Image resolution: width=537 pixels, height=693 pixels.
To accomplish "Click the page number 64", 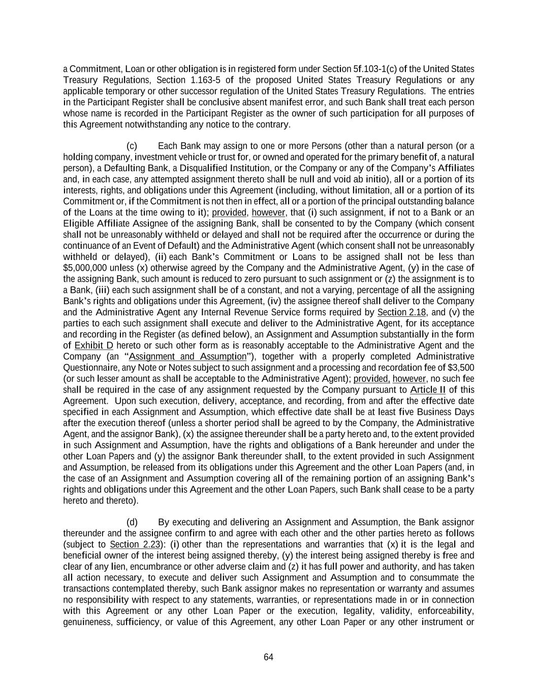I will tap(268, 657).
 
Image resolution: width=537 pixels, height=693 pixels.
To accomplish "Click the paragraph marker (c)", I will tap(132, 146).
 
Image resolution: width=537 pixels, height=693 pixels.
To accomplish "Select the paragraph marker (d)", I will tap(132, 522).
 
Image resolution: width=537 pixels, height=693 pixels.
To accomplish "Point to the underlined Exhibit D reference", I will tap(93, 346).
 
